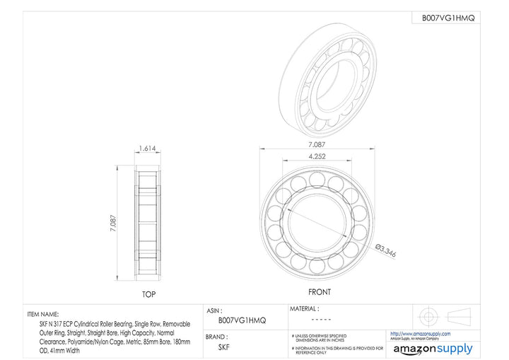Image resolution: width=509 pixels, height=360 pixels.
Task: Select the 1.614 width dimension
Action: [148, 149]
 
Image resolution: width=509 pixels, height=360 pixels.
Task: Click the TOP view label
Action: [148, 294]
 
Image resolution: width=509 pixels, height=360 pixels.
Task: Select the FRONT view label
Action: [319, 292]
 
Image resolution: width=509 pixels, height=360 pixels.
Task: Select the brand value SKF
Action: [223, 347]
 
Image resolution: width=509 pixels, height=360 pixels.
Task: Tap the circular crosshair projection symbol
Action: [429, 315]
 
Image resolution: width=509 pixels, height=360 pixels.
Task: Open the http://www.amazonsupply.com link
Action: [420, 333]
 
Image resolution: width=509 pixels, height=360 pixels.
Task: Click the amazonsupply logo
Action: [433, 349]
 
